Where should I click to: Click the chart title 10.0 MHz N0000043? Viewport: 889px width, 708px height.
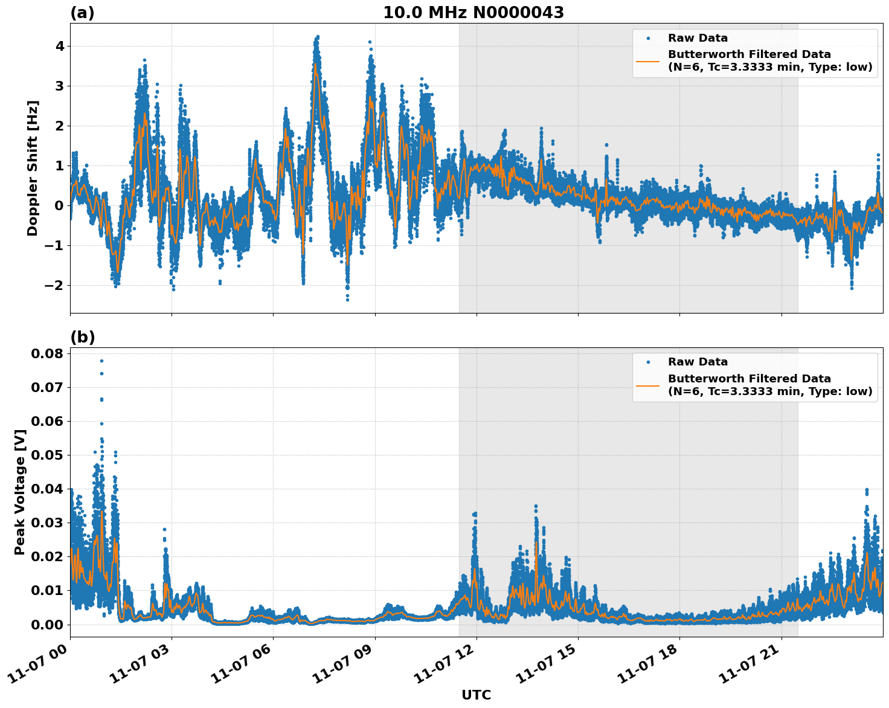tap(473, 13)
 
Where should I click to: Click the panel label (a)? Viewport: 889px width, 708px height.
tap(82, 13)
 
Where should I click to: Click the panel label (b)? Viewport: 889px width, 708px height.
tap(82, 337)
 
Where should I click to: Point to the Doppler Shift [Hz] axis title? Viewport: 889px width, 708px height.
tap(33, 168)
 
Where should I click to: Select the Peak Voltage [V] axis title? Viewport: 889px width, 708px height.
tap(20, 492)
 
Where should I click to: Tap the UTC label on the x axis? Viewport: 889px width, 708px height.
tap(476, 695)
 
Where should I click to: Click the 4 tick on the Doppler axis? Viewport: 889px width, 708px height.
tap(60, 46)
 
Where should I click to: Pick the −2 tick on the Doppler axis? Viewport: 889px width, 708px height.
tap(55, 285)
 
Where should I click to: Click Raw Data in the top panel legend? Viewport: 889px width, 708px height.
tap(698, 38)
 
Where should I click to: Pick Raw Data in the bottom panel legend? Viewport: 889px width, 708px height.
tap(698, 362)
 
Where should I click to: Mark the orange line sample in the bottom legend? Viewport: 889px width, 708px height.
tap(648, 385)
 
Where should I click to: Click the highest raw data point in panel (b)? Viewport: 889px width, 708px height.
tap(101, 361)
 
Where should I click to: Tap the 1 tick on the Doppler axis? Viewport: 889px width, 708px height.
tap(60, 166)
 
